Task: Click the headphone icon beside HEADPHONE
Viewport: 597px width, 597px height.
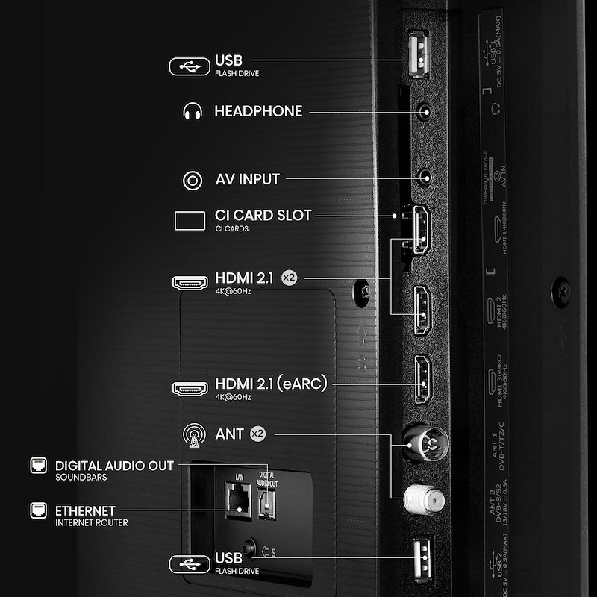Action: [x=193, y=112]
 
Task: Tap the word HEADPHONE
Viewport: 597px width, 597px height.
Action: [x=258, y=112]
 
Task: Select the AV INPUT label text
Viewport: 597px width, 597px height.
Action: [x=247, y=179]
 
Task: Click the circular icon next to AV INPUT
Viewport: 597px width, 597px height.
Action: [x=193, y=180]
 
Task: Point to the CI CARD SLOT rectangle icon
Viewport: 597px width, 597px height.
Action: [x=190, y=221]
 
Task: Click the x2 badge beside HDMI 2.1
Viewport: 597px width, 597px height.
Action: [x=290, y=278]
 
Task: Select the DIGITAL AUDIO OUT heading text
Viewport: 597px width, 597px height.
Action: [x=114, y=466]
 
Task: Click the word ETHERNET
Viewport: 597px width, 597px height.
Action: [x=85, y=511]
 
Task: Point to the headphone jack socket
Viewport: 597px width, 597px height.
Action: [x=425, y=113]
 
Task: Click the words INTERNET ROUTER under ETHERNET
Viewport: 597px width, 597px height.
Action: [x=91, y=523]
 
